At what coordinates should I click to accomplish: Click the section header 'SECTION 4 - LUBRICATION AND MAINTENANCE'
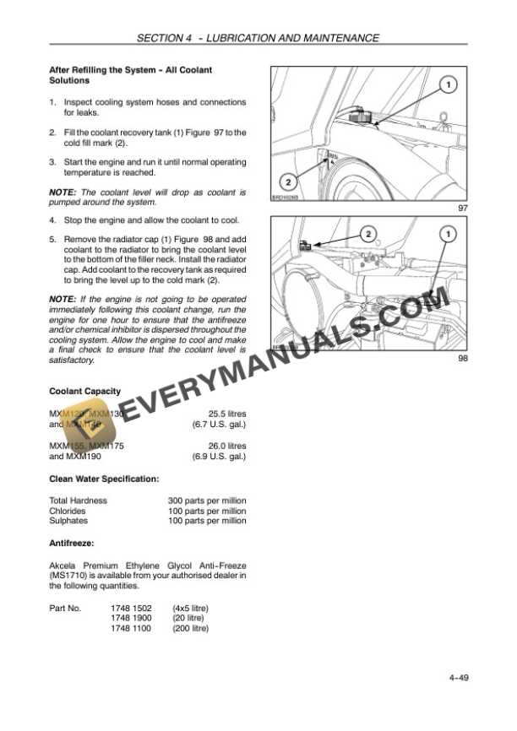click(x=258, y=38)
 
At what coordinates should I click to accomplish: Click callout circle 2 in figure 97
click(x=287, y=181)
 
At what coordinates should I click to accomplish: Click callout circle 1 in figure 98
click(x=447, y=232)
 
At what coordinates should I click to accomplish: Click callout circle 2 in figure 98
click(x=368, y=232)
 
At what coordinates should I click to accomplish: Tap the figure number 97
click(x=462, y=208)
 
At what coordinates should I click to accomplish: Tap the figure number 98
click(x=462, y=359)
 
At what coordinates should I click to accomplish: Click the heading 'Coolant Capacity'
click(x=84, y=392)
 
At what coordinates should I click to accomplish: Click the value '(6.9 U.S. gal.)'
click(x=219, y=457)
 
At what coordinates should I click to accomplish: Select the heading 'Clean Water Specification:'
click(x=104, y=479)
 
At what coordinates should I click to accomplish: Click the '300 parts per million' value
click(x=207, y=501)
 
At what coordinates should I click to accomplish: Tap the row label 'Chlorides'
click(x=68, y=511)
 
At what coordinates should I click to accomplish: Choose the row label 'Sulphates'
click(x=68, y=521)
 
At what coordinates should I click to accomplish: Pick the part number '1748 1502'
click(x=131, y=608)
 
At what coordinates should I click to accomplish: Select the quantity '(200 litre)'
click(x=190, y=628)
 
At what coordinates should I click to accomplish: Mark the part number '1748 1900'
click(x=131, y=618)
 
